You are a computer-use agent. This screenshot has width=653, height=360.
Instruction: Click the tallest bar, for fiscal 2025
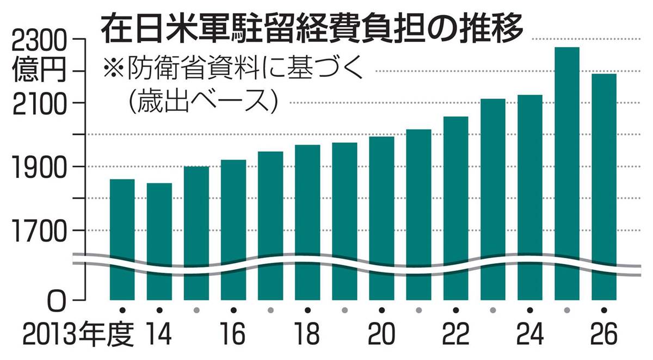coord(567,163)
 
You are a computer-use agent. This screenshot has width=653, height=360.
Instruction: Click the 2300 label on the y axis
coord(40,41)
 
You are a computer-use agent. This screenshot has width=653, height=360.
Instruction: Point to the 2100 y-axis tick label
coord(40,103)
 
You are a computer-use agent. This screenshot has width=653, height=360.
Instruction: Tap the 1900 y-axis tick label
coord(40,167)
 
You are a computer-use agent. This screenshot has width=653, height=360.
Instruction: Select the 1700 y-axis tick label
coord(40,231)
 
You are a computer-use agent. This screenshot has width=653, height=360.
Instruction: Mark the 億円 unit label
coord(40,71)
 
